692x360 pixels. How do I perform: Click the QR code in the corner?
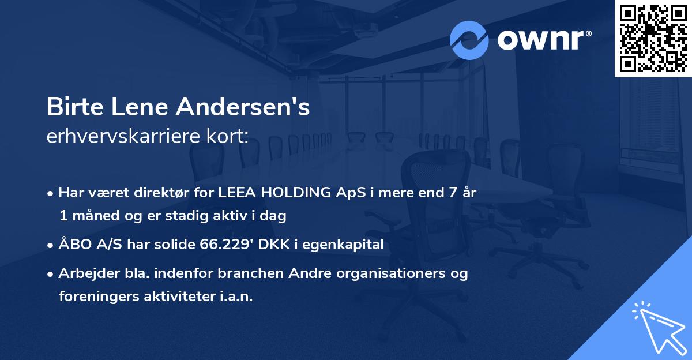(x=653, y=38)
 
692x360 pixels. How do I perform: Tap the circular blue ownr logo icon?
(x=469, y=40)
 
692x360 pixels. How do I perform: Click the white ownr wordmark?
(x=544, y=40)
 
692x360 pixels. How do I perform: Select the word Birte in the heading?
(x=75, y=107)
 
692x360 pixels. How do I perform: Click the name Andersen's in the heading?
(x=243, y=107)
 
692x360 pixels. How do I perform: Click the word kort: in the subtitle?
(x=227, y=136)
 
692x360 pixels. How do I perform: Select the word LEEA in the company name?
(x=237, y=193)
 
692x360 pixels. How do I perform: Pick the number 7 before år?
(x=453, y=193)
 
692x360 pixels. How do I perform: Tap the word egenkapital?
(x=343, y=245)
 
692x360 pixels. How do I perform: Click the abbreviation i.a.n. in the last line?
(x=236, y=297)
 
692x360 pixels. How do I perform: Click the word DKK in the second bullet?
(x=274, y=245)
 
